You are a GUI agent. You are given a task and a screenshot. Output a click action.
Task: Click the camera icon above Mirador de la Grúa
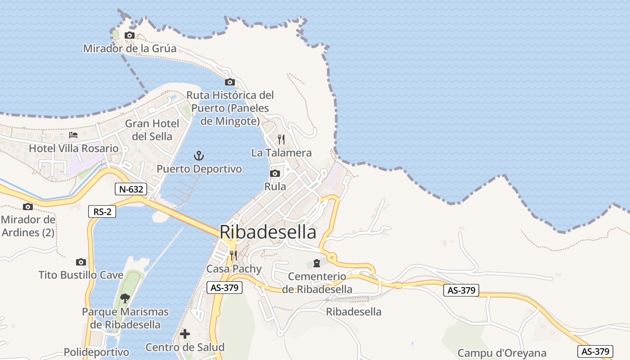click(130, 35)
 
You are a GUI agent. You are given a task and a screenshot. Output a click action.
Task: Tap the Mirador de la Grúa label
click(130, 48)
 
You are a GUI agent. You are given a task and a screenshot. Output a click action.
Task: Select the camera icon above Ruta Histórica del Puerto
click(230, 82)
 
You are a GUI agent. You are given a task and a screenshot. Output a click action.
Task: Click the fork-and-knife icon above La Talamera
click(281, 139)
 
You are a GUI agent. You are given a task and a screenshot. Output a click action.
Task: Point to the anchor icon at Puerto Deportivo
click(199, 156)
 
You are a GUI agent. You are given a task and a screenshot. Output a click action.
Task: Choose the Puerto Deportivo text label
click(199, 169)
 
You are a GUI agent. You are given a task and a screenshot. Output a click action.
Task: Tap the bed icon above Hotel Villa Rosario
click(73, 135)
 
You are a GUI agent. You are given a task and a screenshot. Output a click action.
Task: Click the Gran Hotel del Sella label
click(152, 130)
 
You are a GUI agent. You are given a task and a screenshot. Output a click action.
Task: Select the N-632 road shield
click(131, 189)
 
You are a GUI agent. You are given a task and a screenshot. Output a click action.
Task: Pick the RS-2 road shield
click(102, 211)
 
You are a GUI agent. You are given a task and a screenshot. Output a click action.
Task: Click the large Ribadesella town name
click(268, 232)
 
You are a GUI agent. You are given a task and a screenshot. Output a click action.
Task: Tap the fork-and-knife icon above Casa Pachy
click(233, 256)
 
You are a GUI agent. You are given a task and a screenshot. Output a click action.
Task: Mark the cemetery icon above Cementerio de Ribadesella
click(317, 262)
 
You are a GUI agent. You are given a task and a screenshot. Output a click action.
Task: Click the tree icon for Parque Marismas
click(125, 297)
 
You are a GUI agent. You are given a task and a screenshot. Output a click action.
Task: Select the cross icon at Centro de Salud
click(185, 334)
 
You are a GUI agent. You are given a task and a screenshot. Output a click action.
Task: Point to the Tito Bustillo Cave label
click(81, 275)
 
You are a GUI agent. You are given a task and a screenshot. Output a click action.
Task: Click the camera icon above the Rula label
click(275, 173)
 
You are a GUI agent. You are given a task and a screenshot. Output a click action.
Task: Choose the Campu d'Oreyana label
click(502, 353)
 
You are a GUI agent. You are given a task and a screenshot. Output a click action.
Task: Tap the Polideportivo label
click(96, 352)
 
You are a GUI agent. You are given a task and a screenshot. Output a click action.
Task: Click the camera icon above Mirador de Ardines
click(28, 207)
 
